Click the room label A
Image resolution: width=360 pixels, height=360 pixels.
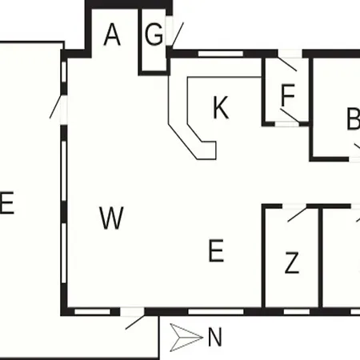coord(112,34)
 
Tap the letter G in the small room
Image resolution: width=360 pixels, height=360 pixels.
coord(154,34)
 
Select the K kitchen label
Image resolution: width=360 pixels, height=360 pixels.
coord(221,107)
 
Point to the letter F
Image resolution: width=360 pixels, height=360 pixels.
coord(288,95)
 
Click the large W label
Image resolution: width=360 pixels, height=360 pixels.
coord(111,218)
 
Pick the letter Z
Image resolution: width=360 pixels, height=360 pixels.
coord(292,262)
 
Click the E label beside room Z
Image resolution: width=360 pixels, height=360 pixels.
coord(216,250)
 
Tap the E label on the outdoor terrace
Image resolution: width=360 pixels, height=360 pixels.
coord(6,202)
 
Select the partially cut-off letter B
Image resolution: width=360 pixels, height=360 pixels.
coord(354,118)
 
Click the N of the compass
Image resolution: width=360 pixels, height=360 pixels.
coord(214,338)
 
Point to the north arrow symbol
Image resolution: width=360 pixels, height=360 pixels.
coord(186,338)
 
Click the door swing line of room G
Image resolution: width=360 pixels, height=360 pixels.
coord(178,35)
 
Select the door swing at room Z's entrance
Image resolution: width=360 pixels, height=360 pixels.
coord(298,214)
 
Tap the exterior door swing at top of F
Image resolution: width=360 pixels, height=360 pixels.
coord(287,64)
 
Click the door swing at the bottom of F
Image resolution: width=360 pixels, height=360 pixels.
coord(290,116)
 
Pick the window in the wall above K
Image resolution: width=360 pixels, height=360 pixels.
coord(221,54)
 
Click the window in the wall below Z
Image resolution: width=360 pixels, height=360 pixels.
coord(297,311)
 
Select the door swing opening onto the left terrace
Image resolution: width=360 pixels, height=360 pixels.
coord(55,106)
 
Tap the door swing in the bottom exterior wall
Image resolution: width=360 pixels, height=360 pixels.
coord(135,322)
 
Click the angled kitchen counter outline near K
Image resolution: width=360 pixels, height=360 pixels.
coord(192,118)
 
